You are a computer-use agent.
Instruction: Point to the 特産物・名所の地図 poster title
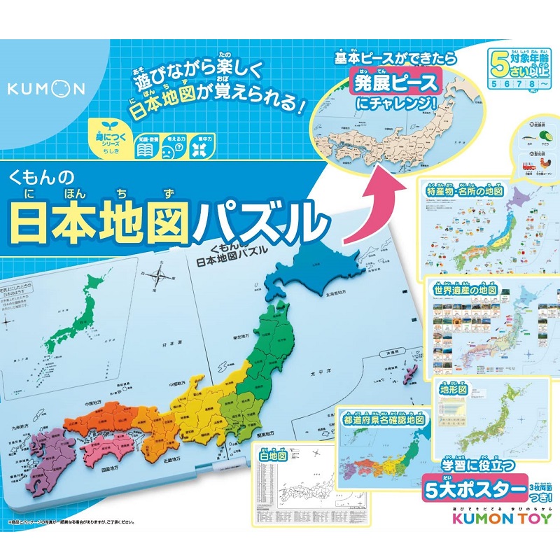(x=461, y=190)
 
